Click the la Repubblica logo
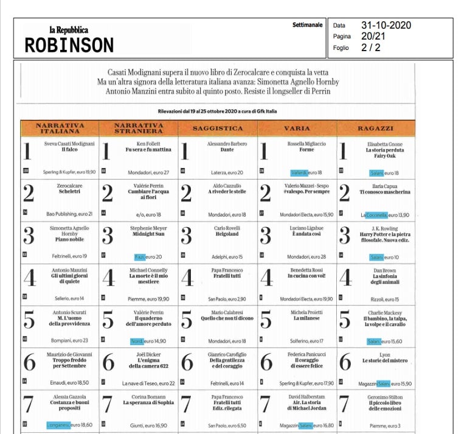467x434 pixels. pos(69,30)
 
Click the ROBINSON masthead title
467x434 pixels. pos(69,45)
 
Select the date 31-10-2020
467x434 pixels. pos(386,26)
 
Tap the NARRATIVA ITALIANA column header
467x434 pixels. pos(60,128)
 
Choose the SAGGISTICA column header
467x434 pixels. pos(218,128)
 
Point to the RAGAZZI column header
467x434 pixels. pos(376,128)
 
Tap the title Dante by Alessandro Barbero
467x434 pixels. pos(217,149)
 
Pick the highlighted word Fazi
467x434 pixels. pos(140,257)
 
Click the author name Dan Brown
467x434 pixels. pos(376,270)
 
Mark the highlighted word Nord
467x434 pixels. pos(136,341)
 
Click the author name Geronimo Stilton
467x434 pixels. pos(376,396)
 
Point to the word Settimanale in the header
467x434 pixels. pos(308,25)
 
